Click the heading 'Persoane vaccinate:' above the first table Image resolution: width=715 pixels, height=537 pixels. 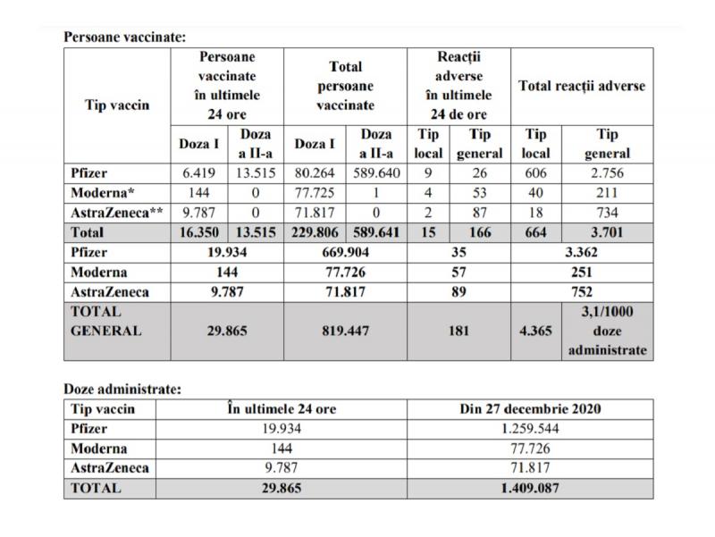125,38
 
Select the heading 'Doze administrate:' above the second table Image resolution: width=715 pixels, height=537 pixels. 120,390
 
